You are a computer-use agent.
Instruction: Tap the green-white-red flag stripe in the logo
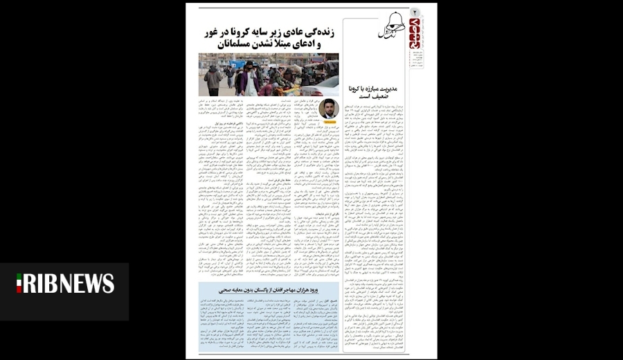20,283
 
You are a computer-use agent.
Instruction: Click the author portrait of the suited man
329,108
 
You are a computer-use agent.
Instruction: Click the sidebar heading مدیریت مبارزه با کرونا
380,89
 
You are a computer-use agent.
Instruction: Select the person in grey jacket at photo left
213,79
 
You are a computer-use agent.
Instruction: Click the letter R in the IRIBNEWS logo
32,283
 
